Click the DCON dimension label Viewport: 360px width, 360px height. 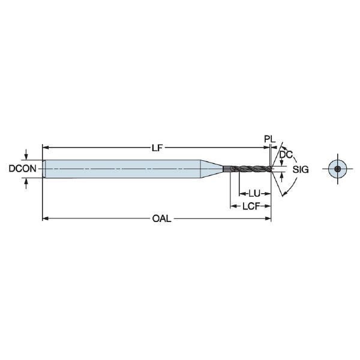click(x=23, y=169)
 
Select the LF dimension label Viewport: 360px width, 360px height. click(x=157, y=148)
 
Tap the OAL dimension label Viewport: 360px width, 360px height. click(x=161, y=218)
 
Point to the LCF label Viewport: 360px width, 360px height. click(x=251, y=206)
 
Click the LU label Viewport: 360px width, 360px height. click(x=254, y=194)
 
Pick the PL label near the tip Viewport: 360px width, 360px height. click(x=269, y=139)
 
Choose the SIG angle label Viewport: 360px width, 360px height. click(x=301, y=170)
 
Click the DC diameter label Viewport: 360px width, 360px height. click(x=286, y=155)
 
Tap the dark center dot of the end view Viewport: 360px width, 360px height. click(x=337, y=169)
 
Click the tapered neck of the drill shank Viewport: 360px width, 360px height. click(x=212, y=169)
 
